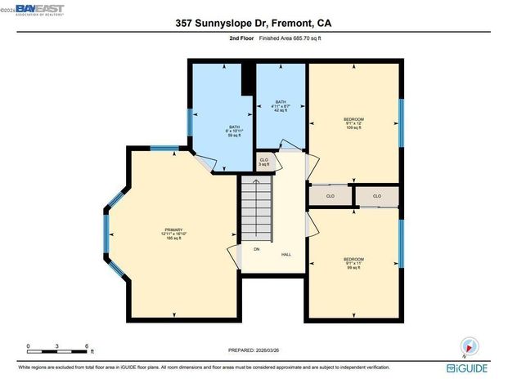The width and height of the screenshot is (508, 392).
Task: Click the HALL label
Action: tap(286, 255)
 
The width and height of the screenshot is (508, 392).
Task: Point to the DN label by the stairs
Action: tap(256, 249)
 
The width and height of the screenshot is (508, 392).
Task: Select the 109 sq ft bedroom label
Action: tap(353, 123)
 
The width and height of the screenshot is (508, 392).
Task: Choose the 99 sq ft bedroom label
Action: tap(353, 264)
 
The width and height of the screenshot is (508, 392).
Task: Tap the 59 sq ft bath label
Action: tap(236, 131)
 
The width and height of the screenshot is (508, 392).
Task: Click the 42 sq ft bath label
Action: tap(281, 106)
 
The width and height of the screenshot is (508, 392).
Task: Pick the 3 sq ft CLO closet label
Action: tap(263, 163)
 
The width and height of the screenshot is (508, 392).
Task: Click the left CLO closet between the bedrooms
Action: tap(330, 196)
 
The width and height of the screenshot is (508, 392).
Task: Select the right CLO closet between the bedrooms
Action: tap(377, 196)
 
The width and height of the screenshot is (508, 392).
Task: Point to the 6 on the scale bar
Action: tap(87, 346)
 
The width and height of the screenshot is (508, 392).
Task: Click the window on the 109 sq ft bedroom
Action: tap(401, 123)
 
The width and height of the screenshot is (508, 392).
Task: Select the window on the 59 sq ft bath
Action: tap(191, 122)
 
